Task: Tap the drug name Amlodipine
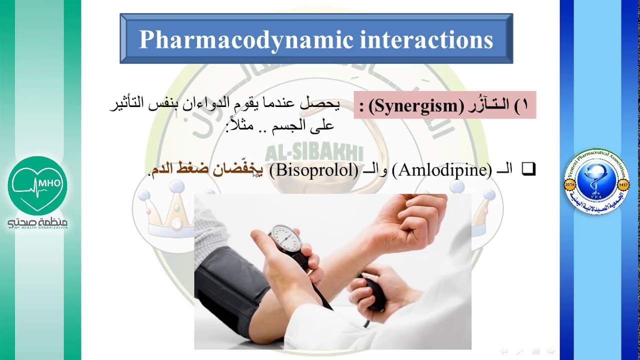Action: (442, 170)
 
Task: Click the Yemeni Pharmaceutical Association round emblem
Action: (596, 181)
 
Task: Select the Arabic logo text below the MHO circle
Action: (37, 223)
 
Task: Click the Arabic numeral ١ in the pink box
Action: (524, 105)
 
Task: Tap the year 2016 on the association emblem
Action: (569, 184)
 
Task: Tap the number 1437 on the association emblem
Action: (623, 184)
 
